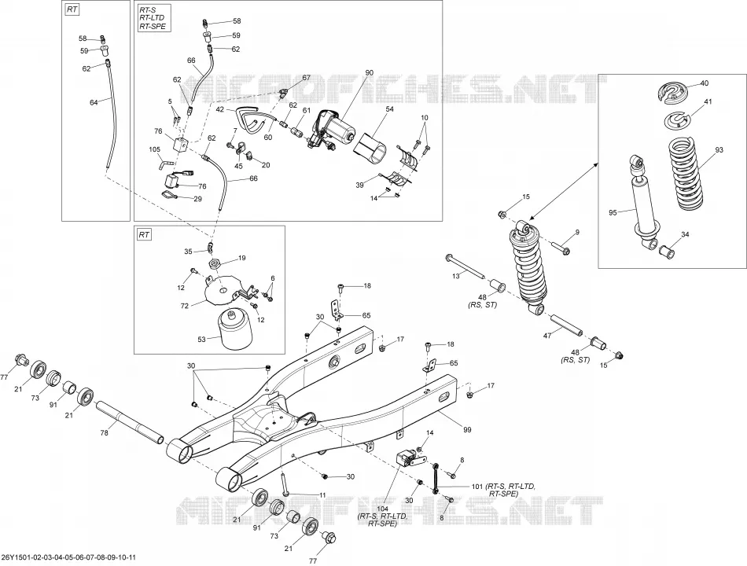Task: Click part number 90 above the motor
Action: pos(370,72)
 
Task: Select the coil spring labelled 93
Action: pos(688,175)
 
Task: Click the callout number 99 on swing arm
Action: pos(467,430)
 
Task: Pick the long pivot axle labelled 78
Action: pos(130,422)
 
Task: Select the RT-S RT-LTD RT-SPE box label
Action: pos(153,18)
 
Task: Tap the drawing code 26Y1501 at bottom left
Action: pos(69,557)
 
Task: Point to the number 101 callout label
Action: pos(477,487)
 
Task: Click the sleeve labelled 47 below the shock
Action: pos(567,324)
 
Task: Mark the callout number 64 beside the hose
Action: pos(94,102)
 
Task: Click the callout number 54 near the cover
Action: pos(390,109)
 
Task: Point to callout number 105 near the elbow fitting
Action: pos(155,149)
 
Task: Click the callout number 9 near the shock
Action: pos(577,232)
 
